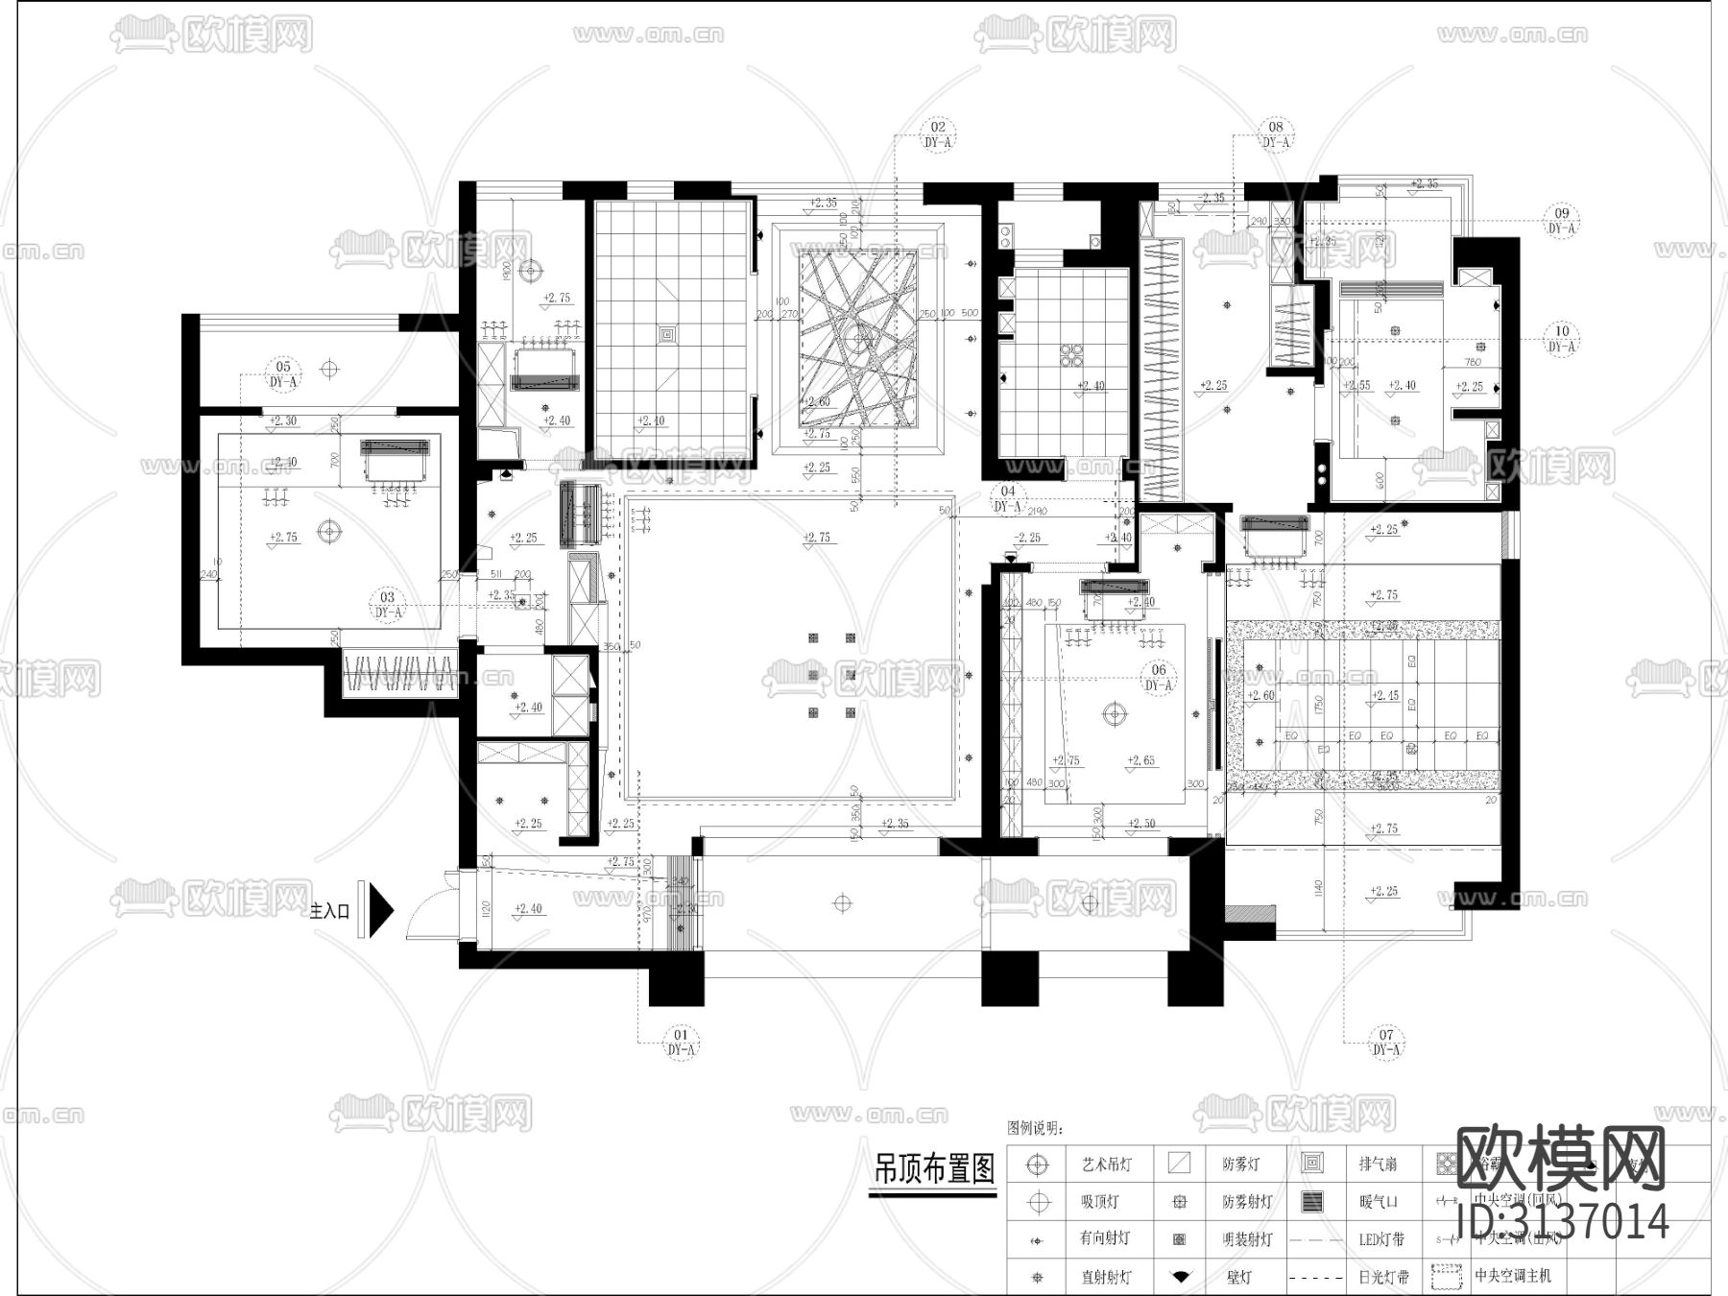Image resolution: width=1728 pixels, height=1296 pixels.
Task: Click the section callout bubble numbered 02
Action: pos(938,134)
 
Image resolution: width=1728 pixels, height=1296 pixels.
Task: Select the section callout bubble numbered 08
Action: pos(1275,134)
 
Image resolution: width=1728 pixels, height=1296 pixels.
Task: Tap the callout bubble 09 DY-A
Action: pos(1562,221)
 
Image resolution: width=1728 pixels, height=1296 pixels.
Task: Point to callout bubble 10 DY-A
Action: pos(1562,339)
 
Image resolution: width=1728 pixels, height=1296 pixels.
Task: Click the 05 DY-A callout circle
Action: pos(283,373)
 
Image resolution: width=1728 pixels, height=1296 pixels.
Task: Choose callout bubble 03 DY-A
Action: pos(388,604)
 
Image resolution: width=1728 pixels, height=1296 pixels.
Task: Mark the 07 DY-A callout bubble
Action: pos(1386,1043)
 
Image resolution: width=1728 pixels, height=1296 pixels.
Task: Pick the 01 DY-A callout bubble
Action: pos(681,1043)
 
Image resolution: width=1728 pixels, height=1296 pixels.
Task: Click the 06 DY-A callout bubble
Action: pos(1159,677)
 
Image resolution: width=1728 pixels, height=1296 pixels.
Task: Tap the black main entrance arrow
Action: pos(381,909)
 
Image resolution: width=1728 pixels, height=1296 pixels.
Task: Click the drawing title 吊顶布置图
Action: pos(932,1170)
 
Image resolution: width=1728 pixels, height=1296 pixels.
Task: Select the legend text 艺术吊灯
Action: pos(1106,1164)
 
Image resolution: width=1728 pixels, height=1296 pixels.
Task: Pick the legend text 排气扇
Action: pos(1378,1164)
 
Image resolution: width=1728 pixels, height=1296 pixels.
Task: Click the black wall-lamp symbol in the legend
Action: pos(1180,1277)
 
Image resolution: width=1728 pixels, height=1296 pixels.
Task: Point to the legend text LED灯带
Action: pos(1381,1239)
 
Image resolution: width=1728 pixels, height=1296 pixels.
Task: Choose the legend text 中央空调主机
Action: pos(1512,1277)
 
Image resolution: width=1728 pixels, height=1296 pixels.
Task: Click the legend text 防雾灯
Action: pos(1240,1164)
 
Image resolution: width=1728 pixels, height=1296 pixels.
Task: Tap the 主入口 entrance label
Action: pos(330,911)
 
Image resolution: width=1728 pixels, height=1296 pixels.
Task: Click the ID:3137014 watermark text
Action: pos(1563,1222)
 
